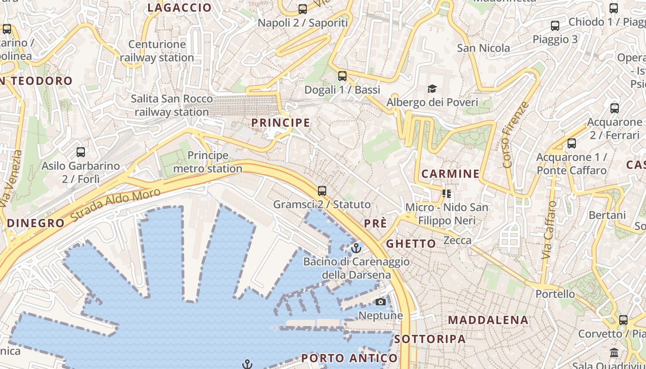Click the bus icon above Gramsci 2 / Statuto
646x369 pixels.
322,190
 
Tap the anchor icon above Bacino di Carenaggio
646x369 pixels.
356,249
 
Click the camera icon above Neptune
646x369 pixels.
380,302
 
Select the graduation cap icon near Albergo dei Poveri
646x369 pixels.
432,89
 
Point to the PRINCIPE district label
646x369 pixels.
281,123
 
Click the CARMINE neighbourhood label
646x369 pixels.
450,174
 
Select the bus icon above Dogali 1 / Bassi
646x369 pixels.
342,76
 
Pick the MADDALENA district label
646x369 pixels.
488,320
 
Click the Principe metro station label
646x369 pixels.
208,162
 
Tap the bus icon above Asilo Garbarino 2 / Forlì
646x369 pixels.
81,152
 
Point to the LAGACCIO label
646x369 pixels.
179,8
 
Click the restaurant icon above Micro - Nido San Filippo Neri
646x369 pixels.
446,194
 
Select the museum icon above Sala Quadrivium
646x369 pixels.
614,353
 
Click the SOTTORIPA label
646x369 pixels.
430,339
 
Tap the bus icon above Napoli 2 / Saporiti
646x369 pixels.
303,9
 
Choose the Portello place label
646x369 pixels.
555,294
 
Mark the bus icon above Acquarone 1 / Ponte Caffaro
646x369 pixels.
572,143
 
